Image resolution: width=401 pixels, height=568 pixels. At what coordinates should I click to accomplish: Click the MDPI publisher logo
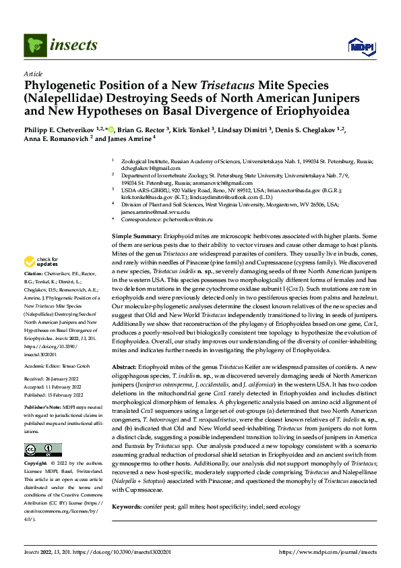[x=358, y=46]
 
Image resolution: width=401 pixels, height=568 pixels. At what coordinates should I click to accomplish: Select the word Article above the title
[x=33, y=74]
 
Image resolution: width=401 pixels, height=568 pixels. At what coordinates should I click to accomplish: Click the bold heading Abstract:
[x=128, y=364]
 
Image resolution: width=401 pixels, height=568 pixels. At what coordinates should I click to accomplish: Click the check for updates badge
[x=42, y=262]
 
